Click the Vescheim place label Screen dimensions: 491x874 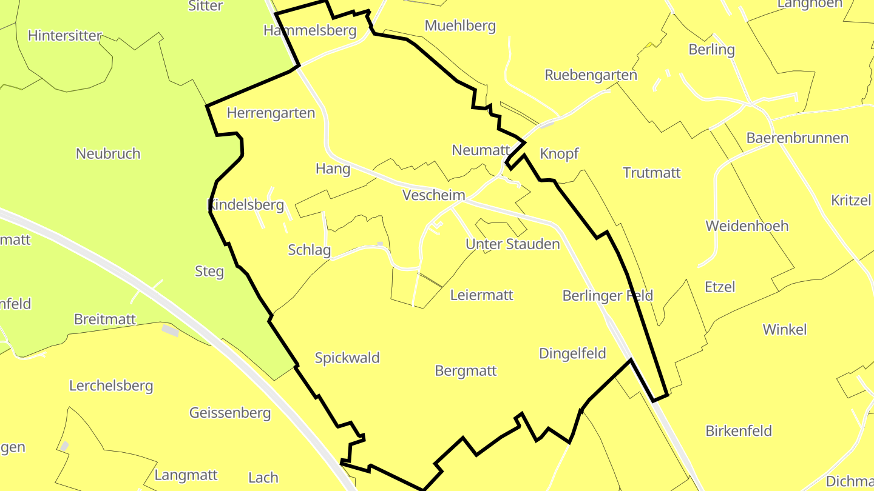coord(434,195)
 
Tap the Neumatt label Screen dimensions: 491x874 coord(480,150)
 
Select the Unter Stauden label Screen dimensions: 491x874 coord(513,244)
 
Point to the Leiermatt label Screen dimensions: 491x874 coord(482,295)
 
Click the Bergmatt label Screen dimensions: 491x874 coord(466,370)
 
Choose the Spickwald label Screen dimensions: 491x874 coord(347,358)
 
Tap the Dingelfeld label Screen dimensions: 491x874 coord(572,353)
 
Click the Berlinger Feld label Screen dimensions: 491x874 coord(608,295)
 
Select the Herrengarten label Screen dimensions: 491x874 coord(271,113)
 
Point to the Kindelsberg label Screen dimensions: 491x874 coord(246,205)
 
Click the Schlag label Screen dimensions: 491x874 coord(310,250)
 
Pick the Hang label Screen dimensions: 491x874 coord(333,169)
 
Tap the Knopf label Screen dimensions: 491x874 coord(559,153)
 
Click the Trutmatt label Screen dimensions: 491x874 coord(652,173)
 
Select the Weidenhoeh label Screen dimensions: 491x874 coord(747,226)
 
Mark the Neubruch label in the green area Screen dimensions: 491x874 coord(108,153)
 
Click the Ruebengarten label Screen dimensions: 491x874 coord(591,75)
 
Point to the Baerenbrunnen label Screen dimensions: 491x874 coord(798,138)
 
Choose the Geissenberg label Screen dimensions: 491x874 coord(230,413)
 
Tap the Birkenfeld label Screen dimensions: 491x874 coord(739,431)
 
